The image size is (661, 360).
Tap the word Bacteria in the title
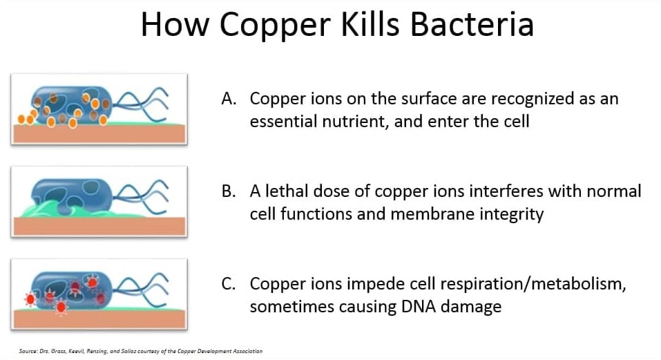coord(472,24)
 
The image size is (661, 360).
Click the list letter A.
coord(229,99)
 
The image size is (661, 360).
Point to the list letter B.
coord(229,191)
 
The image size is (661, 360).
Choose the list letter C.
coord(229,284)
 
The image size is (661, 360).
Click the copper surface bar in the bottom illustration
coord(99,319)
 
